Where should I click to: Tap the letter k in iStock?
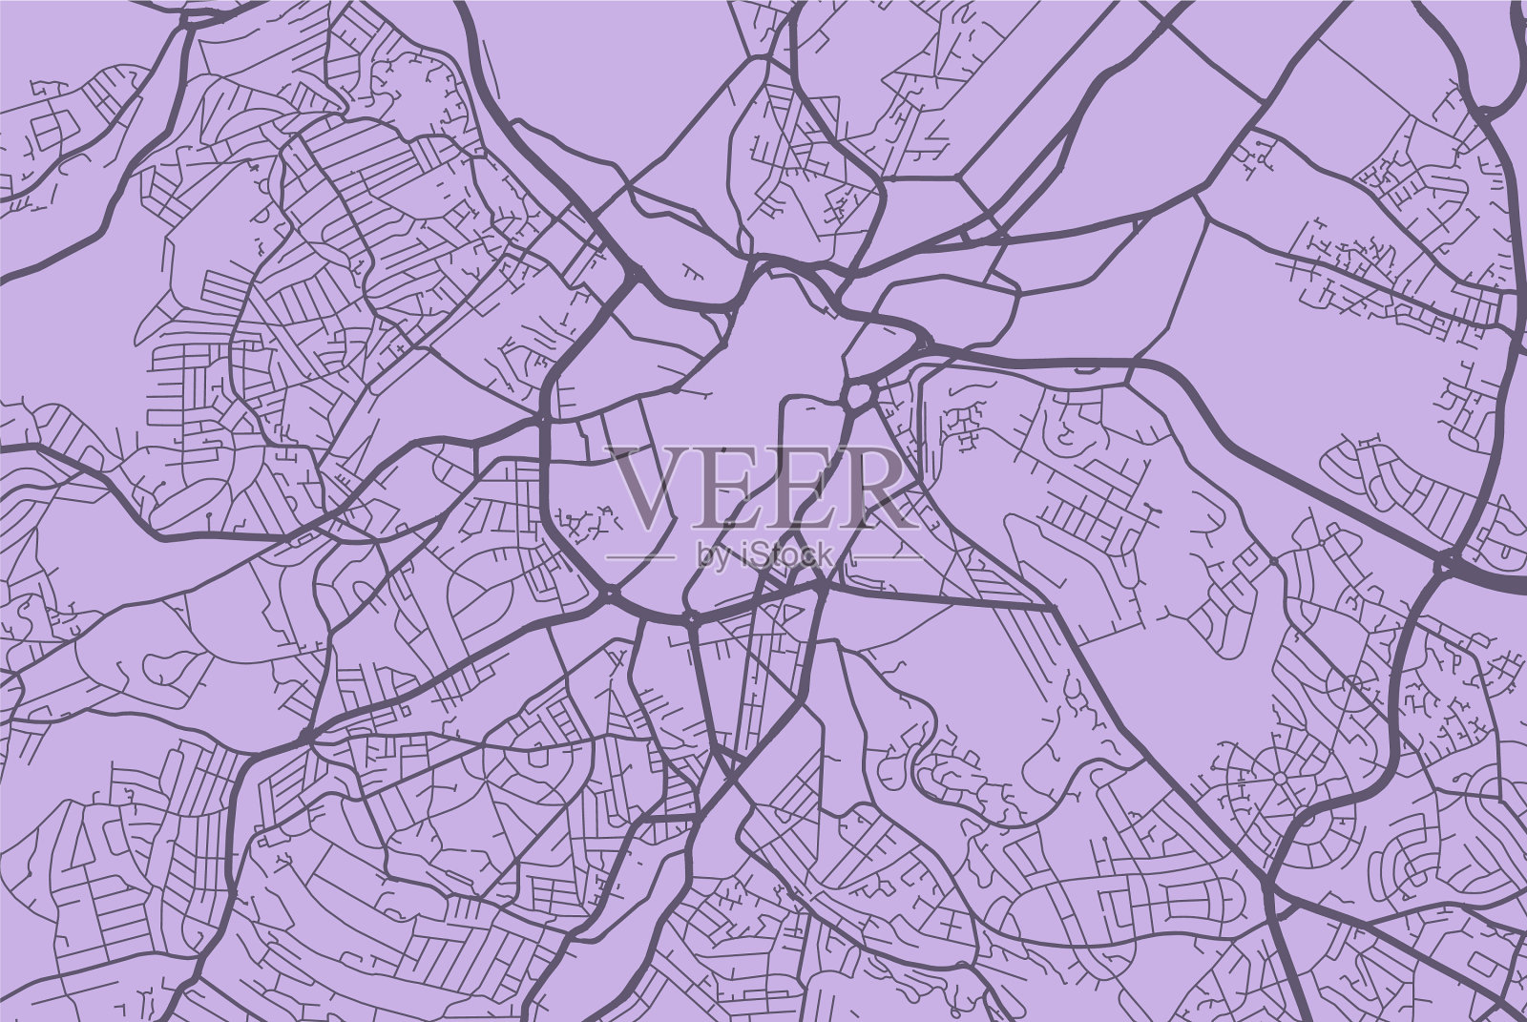(x=824, y=553)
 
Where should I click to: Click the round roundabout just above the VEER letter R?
(x=859, y=393)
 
